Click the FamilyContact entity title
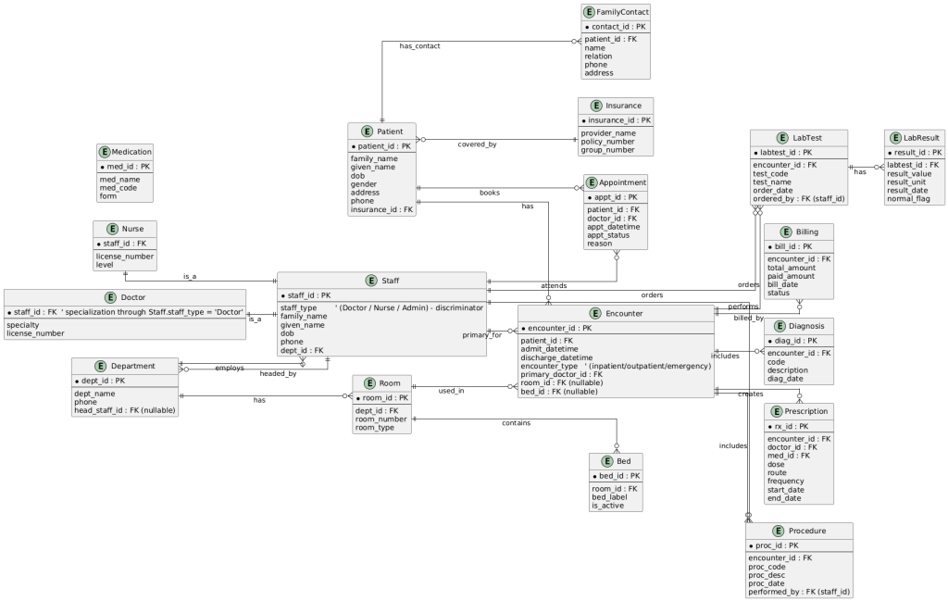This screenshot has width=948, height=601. (x=622, y=12)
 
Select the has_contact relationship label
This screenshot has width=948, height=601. (x=420, y=45)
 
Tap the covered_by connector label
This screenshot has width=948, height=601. (x=477, y=144)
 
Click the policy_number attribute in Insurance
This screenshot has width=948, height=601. (x=608, y=141)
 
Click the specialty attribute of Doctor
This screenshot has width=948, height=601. (x=25, y=325)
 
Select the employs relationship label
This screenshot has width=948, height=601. (x=230, y=368)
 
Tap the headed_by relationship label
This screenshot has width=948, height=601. (x=278, y=373)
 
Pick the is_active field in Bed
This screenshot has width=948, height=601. (x=608, y=506)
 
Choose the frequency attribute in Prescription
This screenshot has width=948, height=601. (x=792, y=481)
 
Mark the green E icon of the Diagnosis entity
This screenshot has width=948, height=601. (x=782, y=326)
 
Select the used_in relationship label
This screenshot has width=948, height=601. (x=451, y=392)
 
